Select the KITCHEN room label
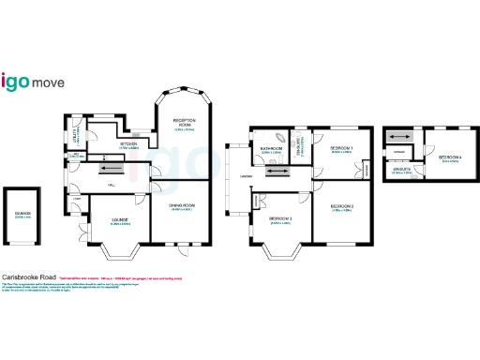[128, 144]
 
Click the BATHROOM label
[272, 148]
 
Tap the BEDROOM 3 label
[281, 220]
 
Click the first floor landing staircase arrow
[277, 172]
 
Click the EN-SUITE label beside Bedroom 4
[401, 171]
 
